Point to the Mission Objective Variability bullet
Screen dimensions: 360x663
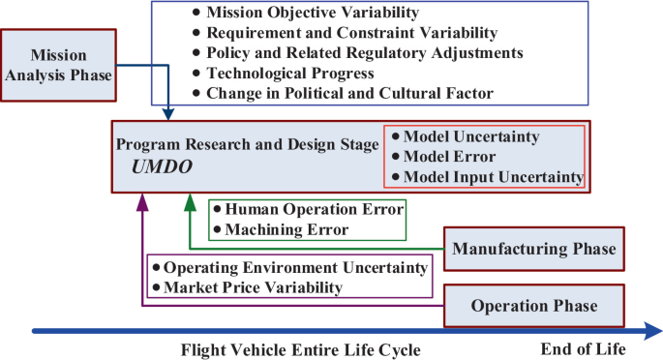click(x=300, y=13)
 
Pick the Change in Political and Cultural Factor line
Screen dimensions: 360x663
click(x=348, y=93)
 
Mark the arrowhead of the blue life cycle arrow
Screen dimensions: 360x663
click(x=649, y=330)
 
